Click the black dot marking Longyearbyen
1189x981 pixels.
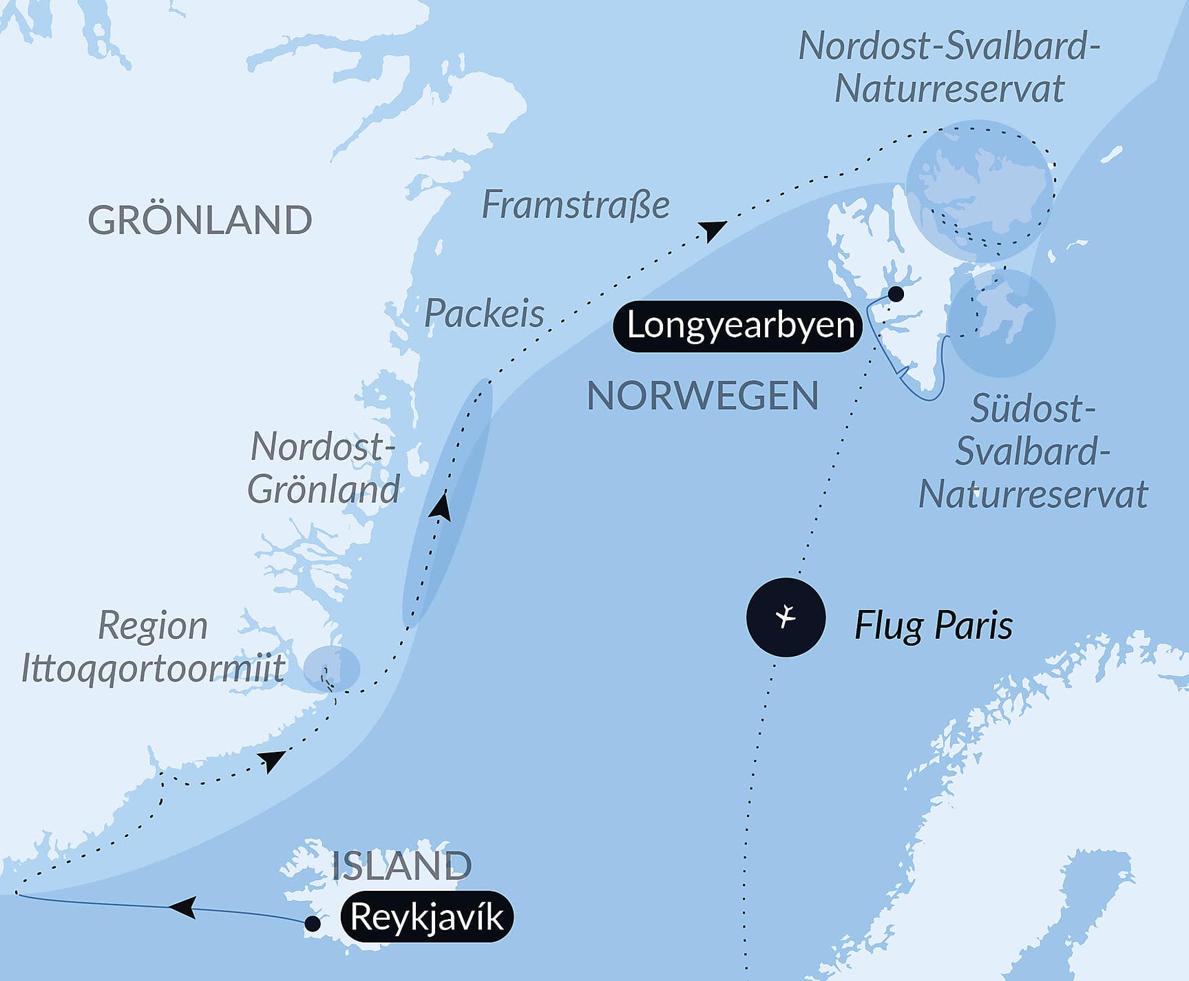pos(896,295)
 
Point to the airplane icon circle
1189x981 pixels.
pos(786,617)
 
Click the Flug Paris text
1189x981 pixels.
pos(933,626)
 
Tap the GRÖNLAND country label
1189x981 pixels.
pos(200,220)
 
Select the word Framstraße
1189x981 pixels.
pos(575,204)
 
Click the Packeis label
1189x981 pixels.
pos(484,314)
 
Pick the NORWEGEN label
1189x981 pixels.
pos(702,396)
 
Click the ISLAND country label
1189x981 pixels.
pos(401,865)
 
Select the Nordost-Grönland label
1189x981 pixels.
pos(323,468)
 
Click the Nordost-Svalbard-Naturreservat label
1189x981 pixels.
pos(949,67)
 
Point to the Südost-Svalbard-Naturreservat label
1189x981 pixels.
pos(1033,452)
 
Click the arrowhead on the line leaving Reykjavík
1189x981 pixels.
pos(183,907)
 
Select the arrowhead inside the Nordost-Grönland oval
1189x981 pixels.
pos(441,507)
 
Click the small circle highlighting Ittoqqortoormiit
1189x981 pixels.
pos(332,668)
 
